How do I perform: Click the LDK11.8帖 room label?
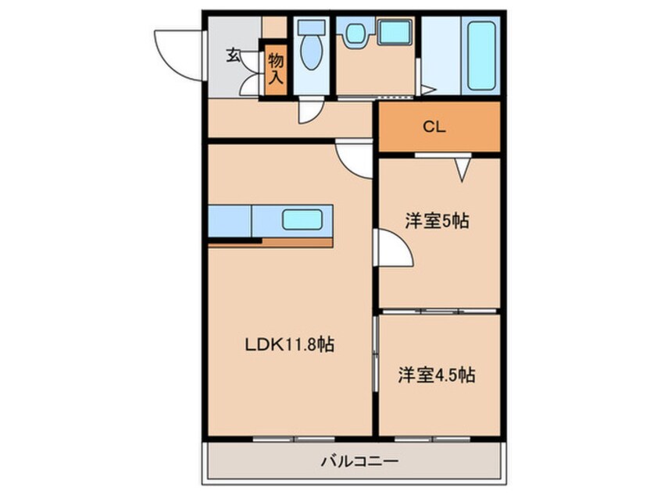tap(290, 344)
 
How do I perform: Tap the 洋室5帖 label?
tap(438, 221)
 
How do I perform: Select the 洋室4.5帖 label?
tap(437, 375)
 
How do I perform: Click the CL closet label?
tap(434, 126)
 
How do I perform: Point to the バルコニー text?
tap(359, 461)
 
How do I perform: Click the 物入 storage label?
tap(276, 69)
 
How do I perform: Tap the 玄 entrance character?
tap(233, 55)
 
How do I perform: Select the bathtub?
tap(481, 55)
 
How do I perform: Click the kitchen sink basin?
tap(302, 220)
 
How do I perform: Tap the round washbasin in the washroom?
tap(356, 34)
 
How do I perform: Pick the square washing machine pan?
tap(394, 33)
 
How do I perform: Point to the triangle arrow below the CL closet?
tap(463, 169)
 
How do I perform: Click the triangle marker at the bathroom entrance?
tap(428, 90)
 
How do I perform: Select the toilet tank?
tap(312, 28)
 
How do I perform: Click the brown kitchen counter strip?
tap(270, 243)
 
